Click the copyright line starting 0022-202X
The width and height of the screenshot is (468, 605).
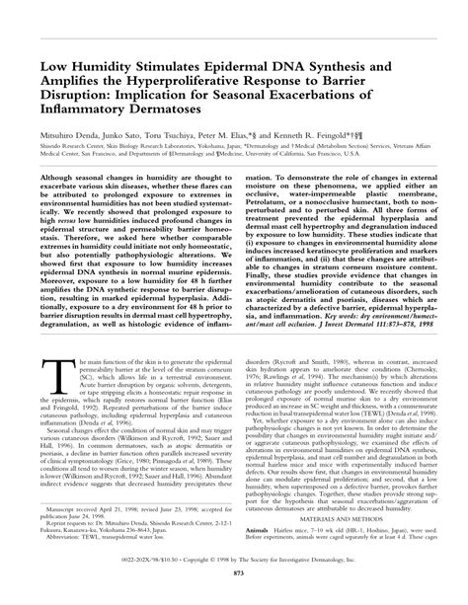click(x=233, y=581)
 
